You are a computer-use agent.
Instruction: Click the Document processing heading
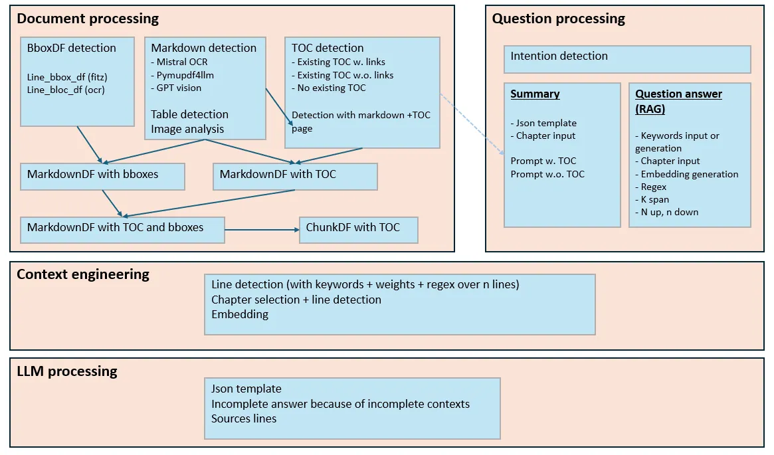tap(88, 19)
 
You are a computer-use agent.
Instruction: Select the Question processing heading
tap(558, 19)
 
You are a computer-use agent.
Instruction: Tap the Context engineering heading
tap(83, 274)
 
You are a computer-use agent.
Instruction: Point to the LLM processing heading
tap(67, 371)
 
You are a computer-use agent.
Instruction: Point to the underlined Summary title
tap(535, 94)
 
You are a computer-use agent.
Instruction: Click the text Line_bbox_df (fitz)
tap(67, 77)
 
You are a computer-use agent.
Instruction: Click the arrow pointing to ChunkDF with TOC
tap(262, 230)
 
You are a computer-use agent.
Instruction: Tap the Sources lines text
tap(244, 418)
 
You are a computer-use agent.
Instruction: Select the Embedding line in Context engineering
tap(240, 314)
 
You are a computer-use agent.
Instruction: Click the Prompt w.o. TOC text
tap(547, 174)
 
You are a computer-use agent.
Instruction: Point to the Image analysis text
tap(187, 129)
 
